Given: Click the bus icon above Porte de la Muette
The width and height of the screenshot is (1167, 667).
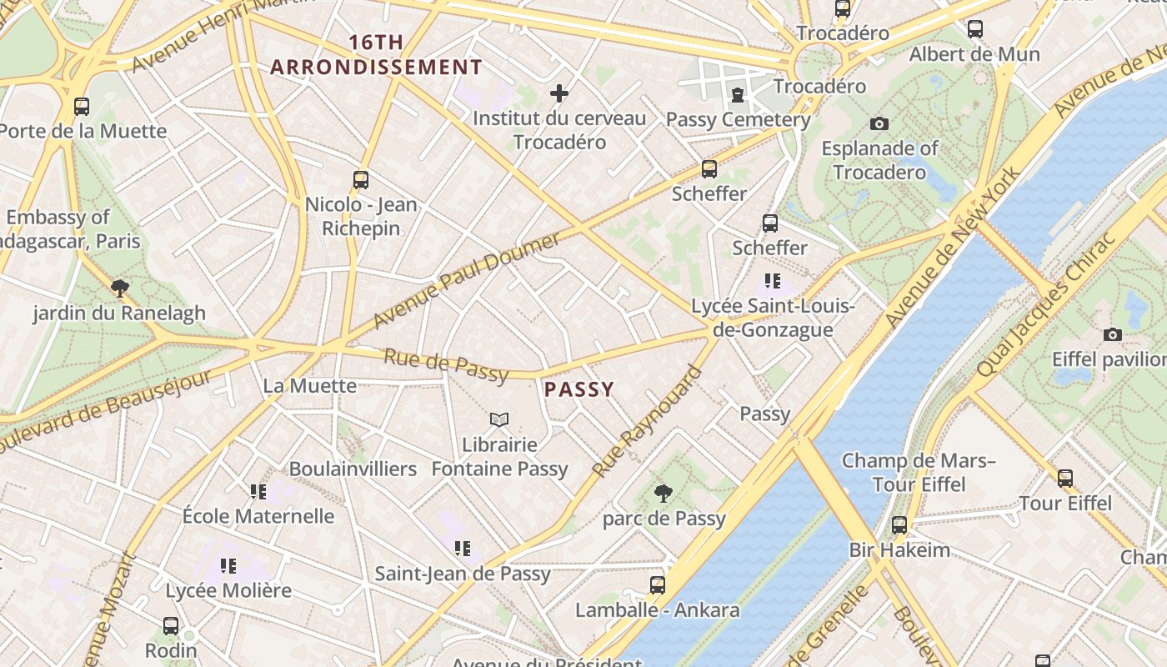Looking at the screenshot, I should (x=81, y=107).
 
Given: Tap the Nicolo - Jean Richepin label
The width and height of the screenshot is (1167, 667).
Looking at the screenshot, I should (x=361, y=216).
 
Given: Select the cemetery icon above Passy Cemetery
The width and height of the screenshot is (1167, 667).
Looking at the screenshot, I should (x=738, y=95).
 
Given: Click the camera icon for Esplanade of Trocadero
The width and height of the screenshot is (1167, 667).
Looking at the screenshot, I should (x=879, y=124).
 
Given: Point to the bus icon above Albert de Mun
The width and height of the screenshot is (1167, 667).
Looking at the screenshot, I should (x=974, y=29).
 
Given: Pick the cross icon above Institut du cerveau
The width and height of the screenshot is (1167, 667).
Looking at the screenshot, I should (x=559, y=93).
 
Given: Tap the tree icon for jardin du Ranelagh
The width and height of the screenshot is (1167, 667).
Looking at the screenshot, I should (x=119, y=288).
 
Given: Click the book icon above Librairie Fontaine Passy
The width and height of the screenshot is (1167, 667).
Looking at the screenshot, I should (x=499, y=419).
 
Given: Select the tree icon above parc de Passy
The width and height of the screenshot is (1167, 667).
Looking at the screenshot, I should (x=664, y=494).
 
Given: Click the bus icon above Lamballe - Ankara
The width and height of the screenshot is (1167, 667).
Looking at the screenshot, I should (x=658, y=585).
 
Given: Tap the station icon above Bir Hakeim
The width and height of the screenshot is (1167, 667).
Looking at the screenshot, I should (x=899, y=525).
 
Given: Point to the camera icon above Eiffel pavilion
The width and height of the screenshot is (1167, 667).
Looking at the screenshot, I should (x=1112, y=335).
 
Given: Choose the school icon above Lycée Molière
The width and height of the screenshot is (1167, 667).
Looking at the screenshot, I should (x=228, y=566).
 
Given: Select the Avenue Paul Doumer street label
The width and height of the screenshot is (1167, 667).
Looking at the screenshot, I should (x=466, y=280).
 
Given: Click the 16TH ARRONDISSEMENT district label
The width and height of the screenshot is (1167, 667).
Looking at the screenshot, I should (x=376, y=55).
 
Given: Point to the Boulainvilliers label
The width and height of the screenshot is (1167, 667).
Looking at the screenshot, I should (x=353, y=469).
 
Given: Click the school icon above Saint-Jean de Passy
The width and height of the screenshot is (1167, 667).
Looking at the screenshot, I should (x=463, y=549).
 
